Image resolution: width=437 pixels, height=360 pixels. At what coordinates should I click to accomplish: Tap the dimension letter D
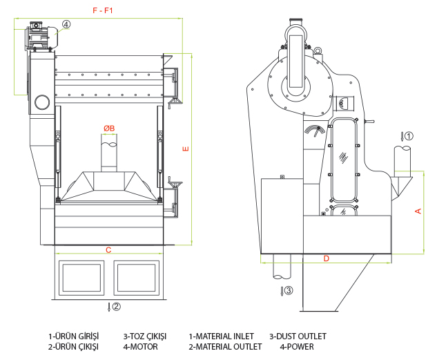click(x=327, y=258)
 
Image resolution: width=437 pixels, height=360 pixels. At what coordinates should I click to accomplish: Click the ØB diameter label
click(x=109, y=128)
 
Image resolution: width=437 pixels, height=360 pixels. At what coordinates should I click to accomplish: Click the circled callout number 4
click(x=66, y=24)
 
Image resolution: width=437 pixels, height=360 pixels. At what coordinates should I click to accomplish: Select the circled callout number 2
click(x=116, y=306)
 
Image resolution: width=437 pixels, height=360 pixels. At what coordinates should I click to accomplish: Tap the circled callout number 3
click(x=289, y=290)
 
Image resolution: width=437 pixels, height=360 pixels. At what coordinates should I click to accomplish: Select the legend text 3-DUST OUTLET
click(x=298, y=337)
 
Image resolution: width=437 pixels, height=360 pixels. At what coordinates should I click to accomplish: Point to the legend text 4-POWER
click(x=297, y=346)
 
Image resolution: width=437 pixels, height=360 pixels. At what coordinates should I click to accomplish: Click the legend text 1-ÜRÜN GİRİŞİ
click(x=73, y=337)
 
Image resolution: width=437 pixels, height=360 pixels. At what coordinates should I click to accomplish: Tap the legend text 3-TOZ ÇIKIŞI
click(x=144, y=337)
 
